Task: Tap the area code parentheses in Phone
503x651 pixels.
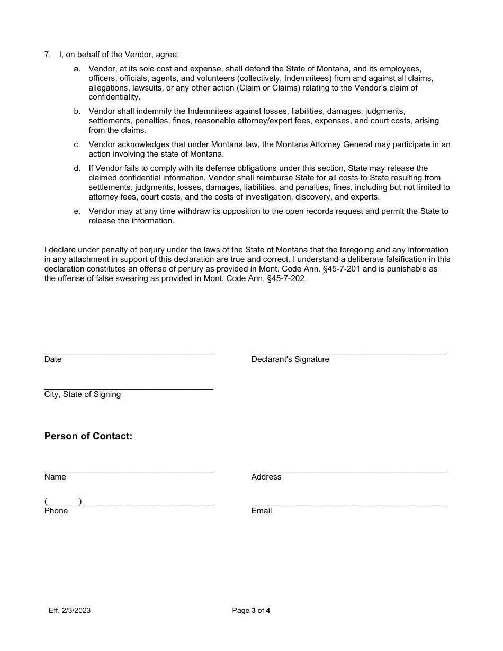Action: (x=63, y=502)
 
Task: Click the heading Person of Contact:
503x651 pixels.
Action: (x=88, y=436)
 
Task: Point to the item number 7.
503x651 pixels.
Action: (x=47, y=55)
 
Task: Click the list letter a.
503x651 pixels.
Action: (x=77, y=69)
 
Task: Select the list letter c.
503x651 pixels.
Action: (x=77, y=144)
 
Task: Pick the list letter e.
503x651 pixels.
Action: (x=77, y=211)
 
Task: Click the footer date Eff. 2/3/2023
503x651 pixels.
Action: (x=69, y=610)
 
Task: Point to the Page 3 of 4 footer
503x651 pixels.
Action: (x=251, y=610)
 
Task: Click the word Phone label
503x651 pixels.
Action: (x=56, y=511)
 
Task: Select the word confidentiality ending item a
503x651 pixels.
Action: (x=114, y=97)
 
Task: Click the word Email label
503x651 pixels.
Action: (x=262, y=511)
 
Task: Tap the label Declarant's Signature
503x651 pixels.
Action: (x=290, y=359)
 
